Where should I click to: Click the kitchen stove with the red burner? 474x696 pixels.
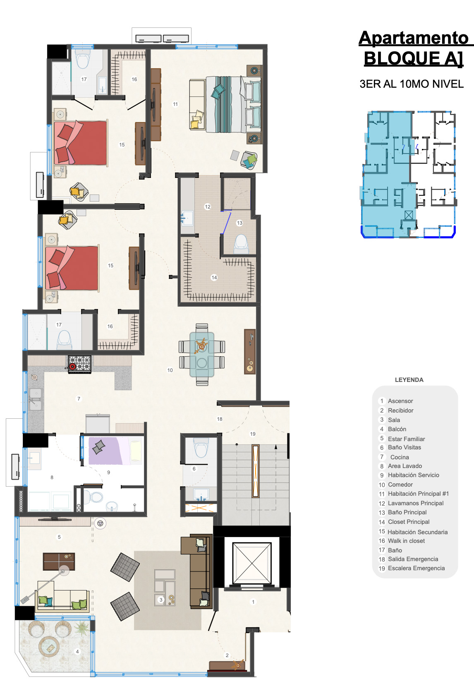[79, 364]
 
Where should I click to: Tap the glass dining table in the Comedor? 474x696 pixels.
[202, 355]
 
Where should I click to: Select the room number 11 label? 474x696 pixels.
[175, 104]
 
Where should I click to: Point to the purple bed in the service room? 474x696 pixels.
[115, 451]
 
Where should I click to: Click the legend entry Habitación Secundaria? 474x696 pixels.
[417, 532]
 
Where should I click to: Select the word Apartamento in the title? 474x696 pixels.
[414, 38]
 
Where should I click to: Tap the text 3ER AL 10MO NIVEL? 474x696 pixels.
[412, 84]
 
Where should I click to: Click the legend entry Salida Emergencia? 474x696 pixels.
[413, 559]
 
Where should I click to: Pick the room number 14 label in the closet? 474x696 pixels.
[214, 278]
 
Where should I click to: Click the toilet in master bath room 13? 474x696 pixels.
[241, 243]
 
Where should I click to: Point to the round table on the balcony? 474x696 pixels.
[49, 647]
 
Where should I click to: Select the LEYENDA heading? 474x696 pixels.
[409, 380]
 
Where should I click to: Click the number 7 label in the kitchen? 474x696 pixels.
[79, 398]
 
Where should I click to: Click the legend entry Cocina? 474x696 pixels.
[400, 457]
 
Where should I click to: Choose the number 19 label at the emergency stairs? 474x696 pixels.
[253, 434]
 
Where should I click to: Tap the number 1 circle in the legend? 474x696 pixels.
[382, 401]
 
